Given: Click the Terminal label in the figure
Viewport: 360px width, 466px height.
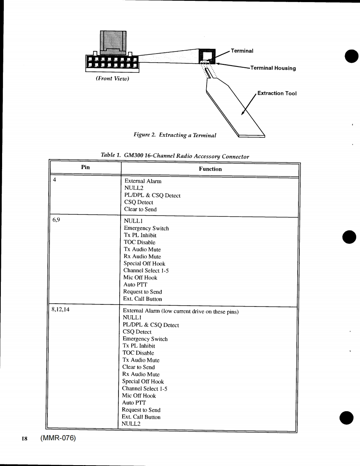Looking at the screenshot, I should (x=242, y=51).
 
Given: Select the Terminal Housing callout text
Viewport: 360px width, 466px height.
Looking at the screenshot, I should (x=273, y=68).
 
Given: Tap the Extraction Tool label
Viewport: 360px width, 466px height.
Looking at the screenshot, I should (x=277, y=93).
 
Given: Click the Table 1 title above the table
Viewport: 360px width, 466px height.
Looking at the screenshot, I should (x=175, y=156).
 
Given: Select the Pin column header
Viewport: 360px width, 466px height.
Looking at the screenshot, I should (x=86, y=169).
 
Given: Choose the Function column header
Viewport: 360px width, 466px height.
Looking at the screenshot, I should (x=210, y=169).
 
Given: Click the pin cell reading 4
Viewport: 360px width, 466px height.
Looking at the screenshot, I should (x=54, y=181).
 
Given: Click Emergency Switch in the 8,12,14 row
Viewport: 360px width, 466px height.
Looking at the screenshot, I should (x=144, y=339).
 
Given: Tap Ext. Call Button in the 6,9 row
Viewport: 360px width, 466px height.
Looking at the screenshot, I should (x=143, y=299).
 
